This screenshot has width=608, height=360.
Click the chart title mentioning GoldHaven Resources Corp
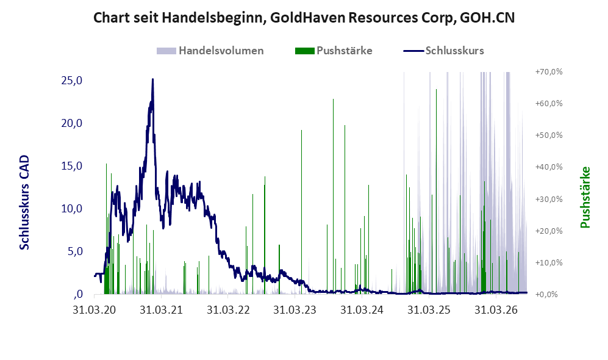(x=304, y=18)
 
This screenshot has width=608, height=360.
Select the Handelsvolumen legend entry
(x=210, y=51)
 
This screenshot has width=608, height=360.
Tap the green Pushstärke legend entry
(x=334, y=51)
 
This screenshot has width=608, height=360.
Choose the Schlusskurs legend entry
(x=443, y=51)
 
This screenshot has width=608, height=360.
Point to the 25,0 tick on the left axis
(x=72, y=81)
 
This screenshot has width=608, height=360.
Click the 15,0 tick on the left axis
(x=72, y=165)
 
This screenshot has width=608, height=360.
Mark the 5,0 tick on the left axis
(x=75, y=251)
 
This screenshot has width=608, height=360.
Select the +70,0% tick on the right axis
(x=549, y=72)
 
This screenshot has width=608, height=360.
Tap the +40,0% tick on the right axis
(x=549, y=167)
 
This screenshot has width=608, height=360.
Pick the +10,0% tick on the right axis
(x=549, y=262)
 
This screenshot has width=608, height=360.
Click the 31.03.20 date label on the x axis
(x=95, y=310)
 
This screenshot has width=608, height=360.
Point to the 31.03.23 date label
(x=295, y=310)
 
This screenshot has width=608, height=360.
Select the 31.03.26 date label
(x=496, y=310)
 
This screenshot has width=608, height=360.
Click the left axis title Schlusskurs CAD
(x=24, y=203)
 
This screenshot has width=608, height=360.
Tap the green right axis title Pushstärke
(x=585, y=198)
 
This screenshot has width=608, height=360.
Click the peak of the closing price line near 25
(x=153, y=79)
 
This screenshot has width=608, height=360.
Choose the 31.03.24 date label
(x=362, y=310)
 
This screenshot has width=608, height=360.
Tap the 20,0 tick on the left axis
(x=72, y=123)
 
